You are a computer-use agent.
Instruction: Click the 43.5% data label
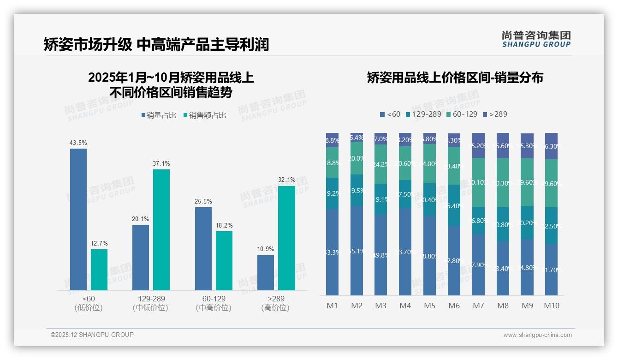click(x=78, y=143)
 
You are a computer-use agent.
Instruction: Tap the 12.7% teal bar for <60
click(x=99, y=270)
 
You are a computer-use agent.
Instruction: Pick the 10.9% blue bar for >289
click(x=265, y=273)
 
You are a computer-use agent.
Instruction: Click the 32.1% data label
click(x=286, y=180)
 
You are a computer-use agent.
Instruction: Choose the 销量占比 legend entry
click(x=159, y=115)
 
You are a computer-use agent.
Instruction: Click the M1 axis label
click(x=332, y=306)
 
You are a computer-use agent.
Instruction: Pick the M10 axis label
click(x=551, y=306)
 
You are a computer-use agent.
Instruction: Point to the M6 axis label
click(x=454, y=306)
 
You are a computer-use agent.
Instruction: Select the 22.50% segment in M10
click(x=551, y=226)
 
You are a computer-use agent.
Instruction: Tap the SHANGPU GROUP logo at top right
click(x=536, y=39)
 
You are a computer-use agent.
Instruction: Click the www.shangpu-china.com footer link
click(x=537, y=335)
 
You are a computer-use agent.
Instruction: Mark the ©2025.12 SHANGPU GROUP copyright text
click(x=92, y=335)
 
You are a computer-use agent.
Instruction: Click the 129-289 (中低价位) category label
click(x=150, y=303)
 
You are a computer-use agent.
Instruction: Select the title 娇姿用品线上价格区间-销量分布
click(x=455, y=78)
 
